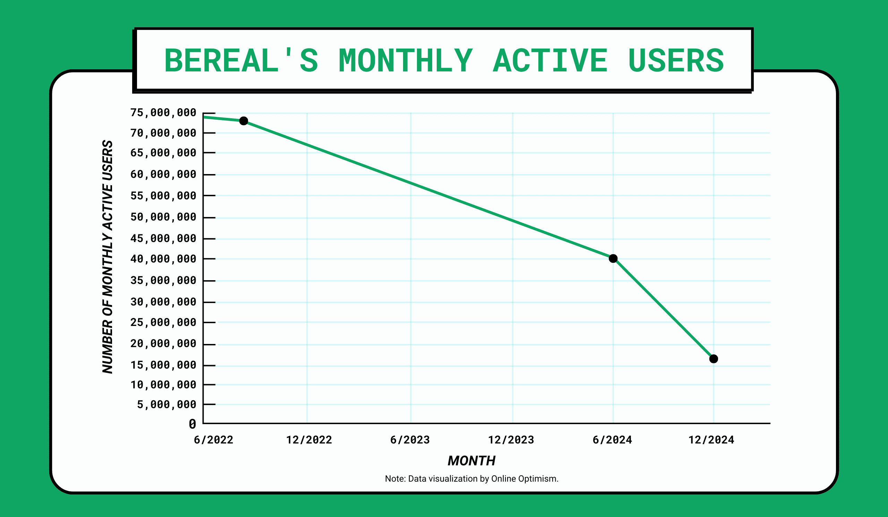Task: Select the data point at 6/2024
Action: coord(613,259)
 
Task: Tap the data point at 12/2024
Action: coord(714,359)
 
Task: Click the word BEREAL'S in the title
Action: coord(241,61)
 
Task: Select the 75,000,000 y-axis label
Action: coord(163,113)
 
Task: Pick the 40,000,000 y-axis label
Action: coord(163,259)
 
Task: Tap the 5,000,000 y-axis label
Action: coord(166,404)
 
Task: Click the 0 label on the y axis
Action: coord(193,424)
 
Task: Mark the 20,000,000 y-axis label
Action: coord(163,343)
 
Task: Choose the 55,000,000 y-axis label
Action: coord(163,196)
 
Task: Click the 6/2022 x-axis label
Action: coord(214,440)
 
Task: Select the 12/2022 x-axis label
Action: coord(309,440)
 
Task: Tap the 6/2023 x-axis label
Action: coord(410,440)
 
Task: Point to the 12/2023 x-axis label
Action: coord(511,440)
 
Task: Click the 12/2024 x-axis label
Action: coord(711,440)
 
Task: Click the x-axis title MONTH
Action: coord(471,460)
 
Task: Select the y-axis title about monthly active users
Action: coord(108,257)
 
